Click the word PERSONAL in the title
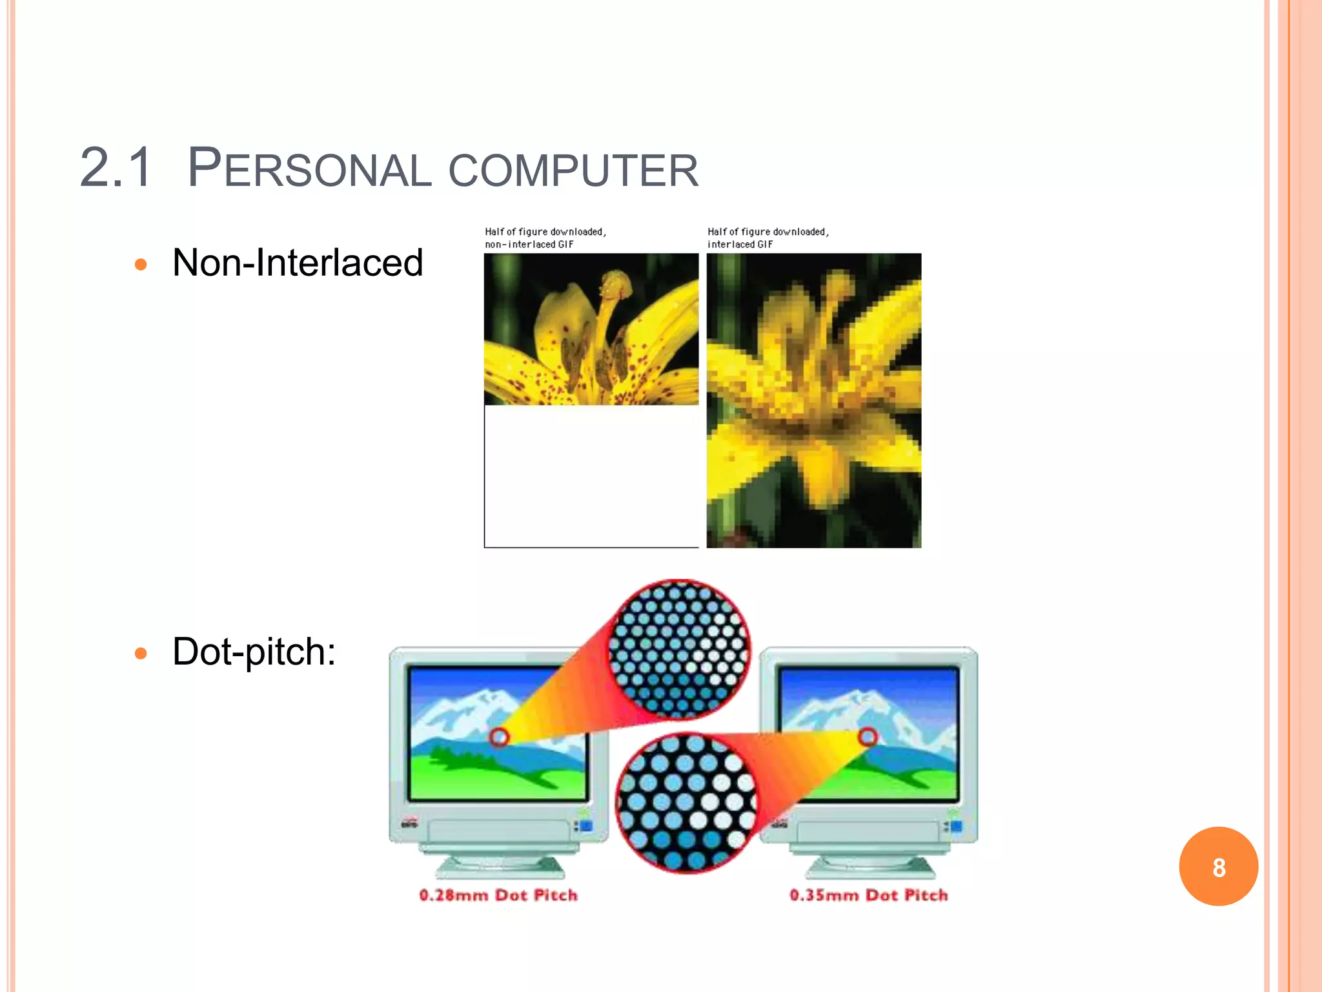[x=309, y=169]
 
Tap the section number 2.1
[x=116, y=168]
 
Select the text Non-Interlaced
[x=298, y=263]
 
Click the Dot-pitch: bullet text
[x=254, y=651]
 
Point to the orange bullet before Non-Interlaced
[x=141, y=265]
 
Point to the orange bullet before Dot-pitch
[x=141, y=654]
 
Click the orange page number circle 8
[x=1218, y=867]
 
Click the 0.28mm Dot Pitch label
[x=498, y=895]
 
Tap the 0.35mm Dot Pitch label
[x=869, y=895]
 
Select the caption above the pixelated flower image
[x=768, y=238]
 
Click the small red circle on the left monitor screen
[x=499, y=737]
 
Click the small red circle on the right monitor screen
[x=868, y=736]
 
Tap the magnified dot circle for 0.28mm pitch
[x=679, y=649]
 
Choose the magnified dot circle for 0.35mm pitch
[x=686, y=803]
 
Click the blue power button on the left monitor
[x=586, y=826]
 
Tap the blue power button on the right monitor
[x=956, y=826]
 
